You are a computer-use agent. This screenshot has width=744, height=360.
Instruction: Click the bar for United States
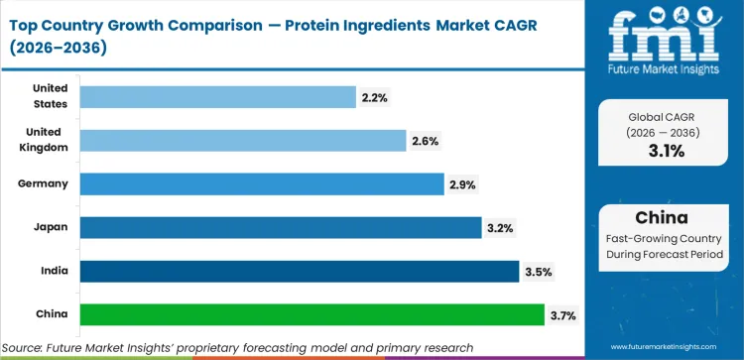point(217,96)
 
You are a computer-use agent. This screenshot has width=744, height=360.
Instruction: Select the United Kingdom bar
point(242,141)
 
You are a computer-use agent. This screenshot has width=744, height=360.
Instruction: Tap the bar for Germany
point(261,184)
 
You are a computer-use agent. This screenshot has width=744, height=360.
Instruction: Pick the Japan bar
point(281,228)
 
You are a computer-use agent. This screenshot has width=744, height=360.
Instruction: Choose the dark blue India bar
point(299,272)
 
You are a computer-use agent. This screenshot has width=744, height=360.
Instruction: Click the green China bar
point(311,315)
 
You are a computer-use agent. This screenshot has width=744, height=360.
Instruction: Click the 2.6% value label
point(426,141)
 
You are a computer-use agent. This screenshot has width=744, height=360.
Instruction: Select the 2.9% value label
point(463,184)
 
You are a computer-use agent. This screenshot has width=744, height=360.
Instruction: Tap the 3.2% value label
point(500,228)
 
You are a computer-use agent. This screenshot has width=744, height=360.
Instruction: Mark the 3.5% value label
point(539,272)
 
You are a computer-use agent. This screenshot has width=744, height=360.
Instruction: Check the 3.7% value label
point(562,315)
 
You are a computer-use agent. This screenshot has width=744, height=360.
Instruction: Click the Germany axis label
point(43,184)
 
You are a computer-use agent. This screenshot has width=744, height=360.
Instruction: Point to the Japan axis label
point(50,228)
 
